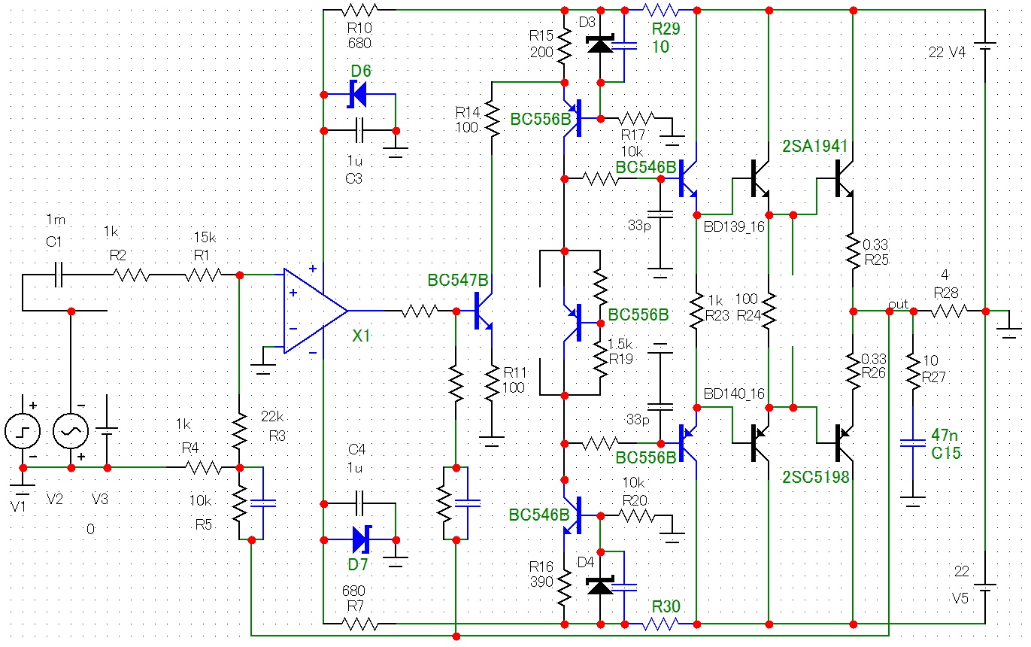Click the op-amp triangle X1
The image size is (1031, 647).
click(312, 310)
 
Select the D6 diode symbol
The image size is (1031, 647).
click(359, 95)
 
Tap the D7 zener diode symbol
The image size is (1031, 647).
click(360, 539)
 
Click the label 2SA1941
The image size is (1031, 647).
click(814, 146)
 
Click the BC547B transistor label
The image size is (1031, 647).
click(458, 281)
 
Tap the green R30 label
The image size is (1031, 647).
click(666, 606)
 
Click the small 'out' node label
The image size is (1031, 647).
click(898, 303)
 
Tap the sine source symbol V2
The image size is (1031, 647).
click(71, 432)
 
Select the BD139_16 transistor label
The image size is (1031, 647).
click(735, 225)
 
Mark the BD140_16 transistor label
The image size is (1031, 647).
click(735, 393)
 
